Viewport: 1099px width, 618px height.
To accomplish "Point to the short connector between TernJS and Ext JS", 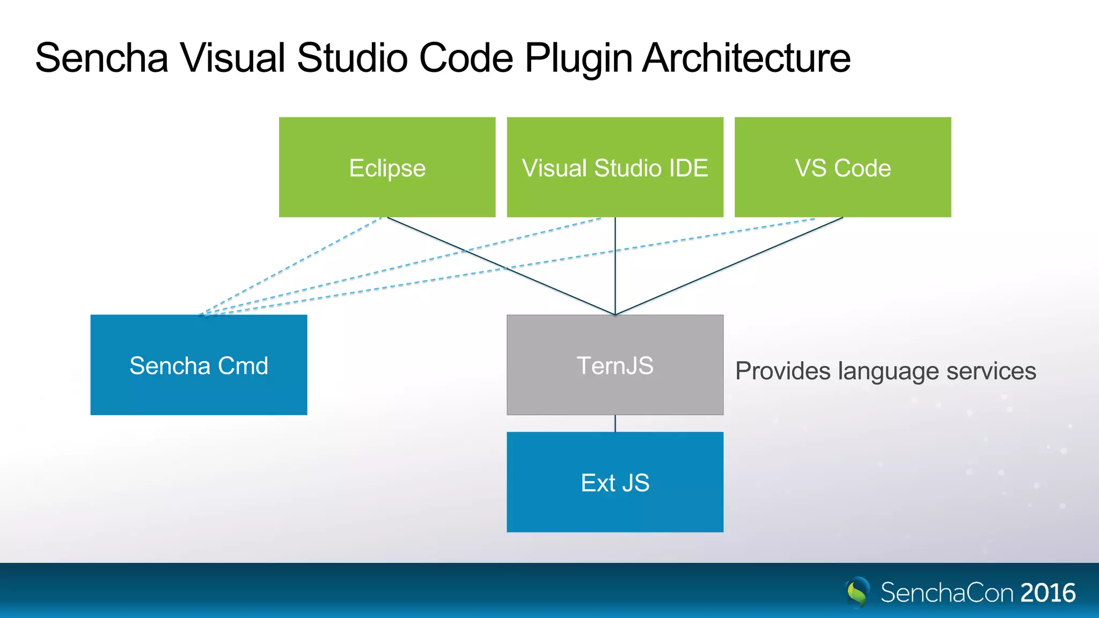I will point(615,423).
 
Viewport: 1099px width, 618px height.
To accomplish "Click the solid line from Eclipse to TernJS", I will point(456,247).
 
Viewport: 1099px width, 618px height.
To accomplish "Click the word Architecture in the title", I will point(746,58).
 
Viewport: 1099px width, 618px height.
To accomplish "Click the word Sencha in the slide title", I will point(101,58).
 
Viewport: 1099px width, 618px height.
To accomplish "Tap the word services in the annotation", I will point(991,371).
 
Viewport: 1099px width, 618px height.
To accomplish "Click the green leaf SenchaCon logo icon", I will point(858,592).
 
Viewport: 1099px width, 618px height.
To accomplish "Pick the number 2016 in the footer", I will point(1047,593).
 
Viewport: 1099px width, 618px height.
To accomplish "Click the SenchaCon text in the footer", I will point(947,593).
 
